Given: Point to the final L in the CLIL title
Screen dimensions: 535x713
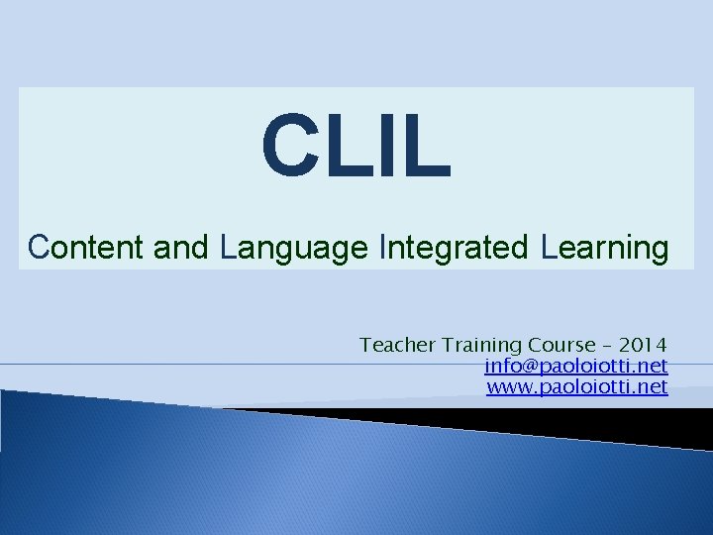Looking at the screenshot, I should [426, 145].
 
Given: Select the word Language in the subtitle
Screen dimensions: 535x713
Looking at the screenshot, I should [295, 249].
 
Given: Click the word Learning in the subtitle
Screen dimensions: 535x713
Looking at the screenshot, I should [605, 248].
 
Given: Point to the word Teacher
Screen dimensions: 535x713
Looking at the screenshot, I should [397, 345].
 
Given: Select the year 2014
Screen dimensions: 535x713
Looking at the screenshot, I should [643, 345].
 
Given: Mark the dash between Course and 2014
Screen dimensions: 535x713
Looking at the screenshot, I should [607, 346].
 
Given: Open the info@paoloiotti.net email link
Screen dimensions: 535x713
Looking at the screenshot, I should [575, 366].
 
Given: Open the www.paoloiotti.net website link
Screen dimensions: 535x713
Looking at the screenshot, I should [576, 386].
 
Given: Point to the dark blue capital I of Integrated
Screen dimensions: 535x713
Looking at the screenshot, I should [382, 248].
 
